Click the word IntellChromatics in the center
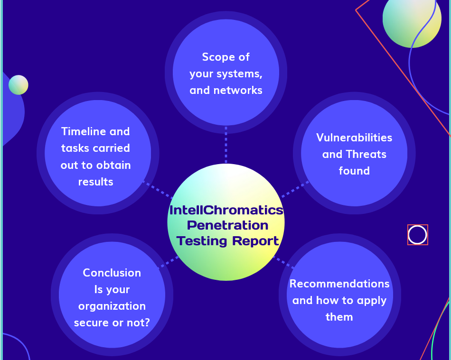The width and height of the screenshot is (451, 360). [x=226, y=210]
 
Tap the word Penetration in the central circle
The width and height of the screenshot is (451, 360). [x=227, y=225]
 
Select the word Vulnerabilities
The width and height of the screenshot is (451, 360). [x=354, y=138]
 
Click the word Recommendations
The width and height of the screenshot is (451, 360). [x=339, y=284]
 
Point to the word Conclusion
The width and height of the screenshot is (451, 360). [x=112, y=273]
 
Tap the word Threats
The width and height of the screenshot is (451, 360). [x=366, y=154]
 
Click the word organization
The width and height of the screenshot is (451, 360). [x=112, y=306]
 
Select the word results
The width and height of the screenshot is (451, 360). [x=95, y=182]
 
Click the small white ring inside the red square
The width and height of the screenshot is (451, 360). [x=418, y=235]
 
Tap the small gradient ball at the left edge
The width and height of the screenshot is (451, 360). [x=19, y=85]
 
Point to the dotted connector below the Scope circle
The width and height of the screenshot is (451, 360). [x=226, y=145]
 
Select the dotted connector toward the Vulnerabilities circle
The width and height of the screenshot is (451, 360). [x=295, y=189]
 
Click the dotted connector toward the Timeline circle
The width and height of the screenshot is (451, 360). [x=157, y=189]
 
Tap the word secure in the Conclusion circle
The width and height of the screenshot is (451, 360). [x=91, y=323]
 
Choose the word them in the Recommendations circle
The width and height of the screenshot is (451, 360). [x=339, y=317]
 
